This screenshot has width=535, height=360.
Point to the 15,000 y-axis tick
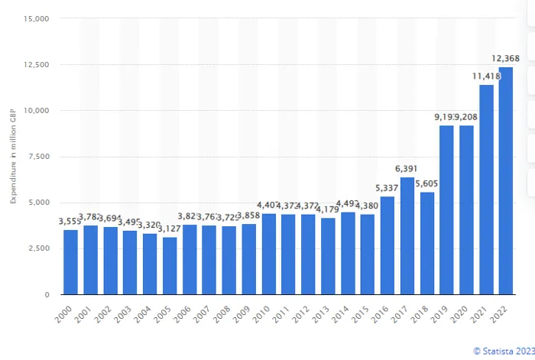(x=37, y=18)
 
